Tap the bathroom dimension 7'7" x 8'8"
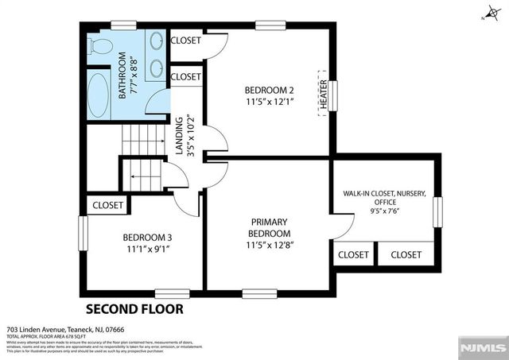[x=133, y=75]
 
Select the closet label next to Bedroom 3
[x=108, y=205]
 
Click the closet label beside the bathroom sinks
[x=185, y=40]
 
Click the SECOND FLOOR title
[x=134, y=308]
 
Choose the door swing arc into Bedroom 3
[x=187, y=203]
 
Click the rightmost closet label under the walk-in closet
[x=406, y=254]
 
